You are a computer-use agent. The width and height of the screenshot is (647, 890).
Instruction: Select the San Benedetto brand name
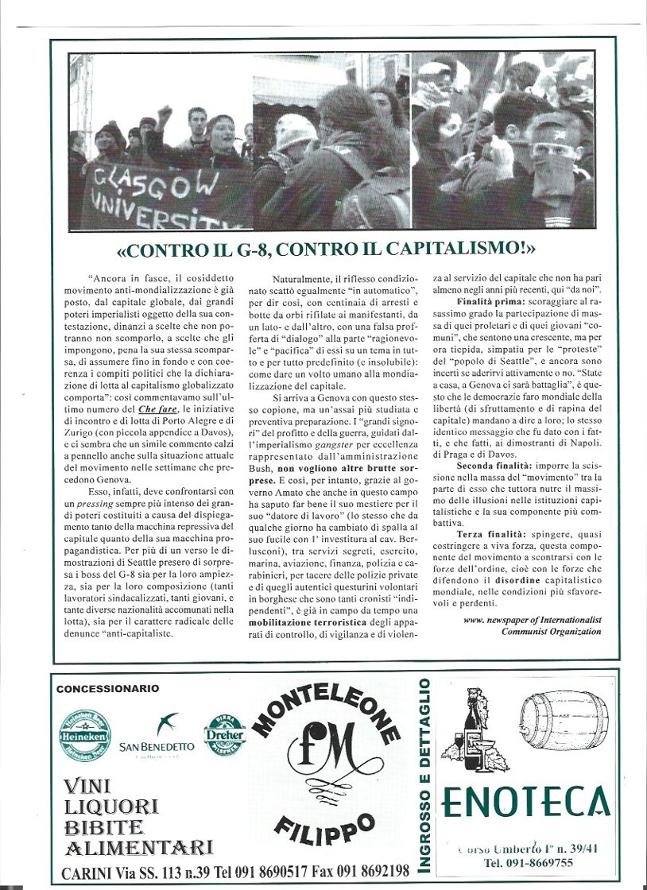coord(157,747)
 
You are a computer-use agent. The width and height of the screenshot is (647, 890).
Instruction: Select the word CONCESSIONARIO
coord(107,689)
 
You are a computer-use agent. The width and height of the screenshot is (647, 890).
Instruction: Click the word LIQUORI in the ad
coord(111,807)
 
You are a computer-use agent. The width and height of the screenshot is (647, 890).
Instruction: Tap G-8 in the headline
coord(241,249)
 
